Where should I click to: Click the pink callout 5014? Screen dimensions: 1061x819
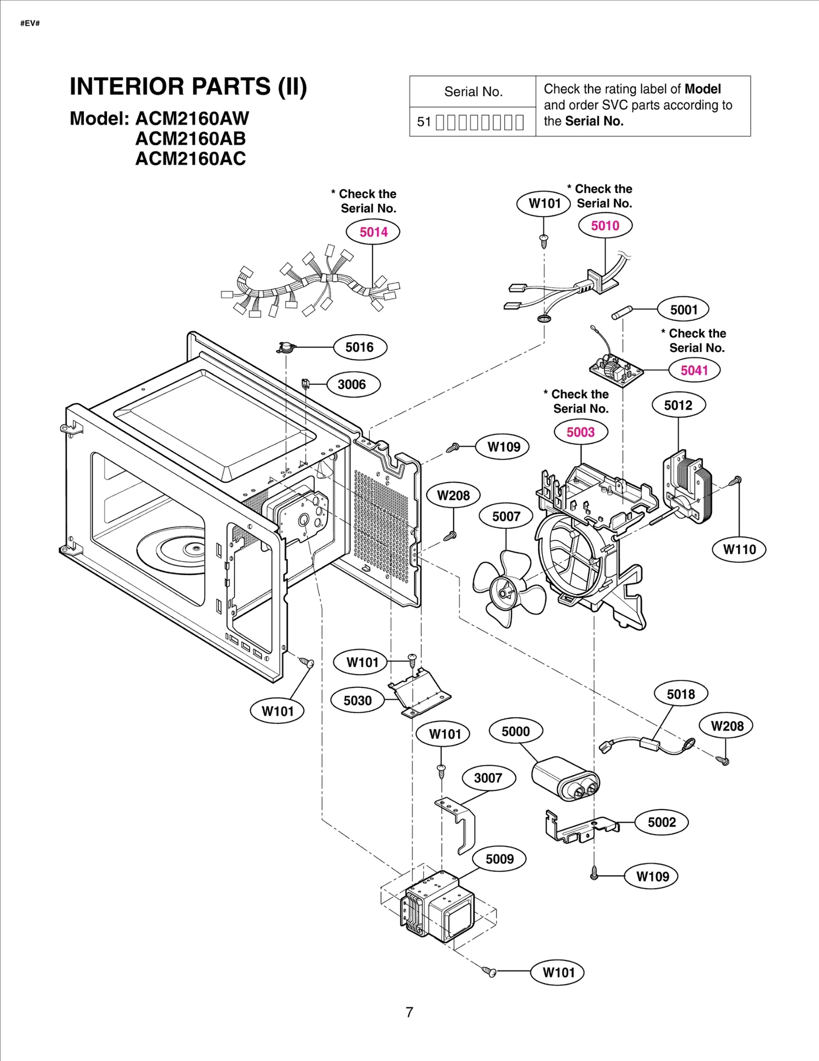coord(373,232)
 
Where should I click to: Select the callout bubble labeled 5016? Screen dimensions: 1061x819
coord(359,348)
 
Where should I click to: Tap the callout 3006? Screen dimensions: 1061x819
coord(352,385)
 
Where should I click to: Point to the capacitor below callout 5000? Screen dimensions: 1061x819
coord(564,778)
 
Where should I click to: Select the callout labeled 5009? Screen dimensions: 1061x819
coord(499,859)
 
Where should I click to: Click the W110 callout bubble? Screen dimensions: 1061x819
coord(739,550)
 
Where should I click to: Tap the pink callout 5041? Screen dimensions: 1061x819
coord(694,370)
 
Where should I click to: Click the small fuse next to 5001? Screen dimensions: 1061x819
coord(622,312)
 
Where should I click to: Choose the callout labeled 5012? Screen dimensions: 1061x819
coord(678,405)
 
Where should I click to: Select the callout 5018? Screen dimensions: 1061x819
coord(680,694)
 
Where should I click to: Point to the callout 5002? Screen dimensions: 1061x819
coord(661,822)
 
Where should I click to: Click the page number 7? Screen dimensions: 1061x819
coord(409,1012)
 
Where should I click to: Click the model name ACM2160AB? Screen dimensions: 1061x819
coord(190,139)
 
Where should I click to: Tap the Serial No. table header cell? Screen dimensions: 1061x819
coord(472,92)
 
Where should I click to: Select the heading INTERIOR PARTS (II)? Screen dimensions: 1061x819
coord(188,86)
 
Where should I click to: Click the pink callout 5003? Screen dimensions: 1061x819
coord(580,432)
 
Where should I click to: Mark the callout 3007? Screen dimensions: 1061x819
coord(488,778)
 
